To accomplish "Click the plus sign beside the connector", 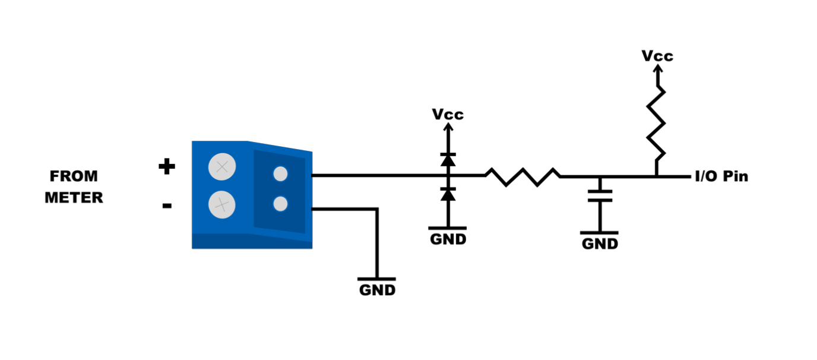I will tap(166, 167).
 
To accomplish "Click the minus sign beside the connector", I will tap(167, 206).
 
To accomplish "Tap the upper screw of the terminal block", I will tap(222, 168).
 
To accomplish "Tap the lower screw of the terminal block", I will tap(222, 205).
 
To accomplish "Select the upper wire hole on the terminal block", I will tap(280, 174).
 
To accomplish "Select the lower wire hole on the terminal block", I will tap(280, 204).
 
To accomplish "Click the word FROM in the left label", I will tap(74, 176).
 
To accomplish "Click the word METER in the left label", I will tap(74, 198).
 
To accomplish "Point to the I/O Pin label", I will tap(721, 176).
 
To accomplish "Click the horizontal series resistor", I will tap(522, 176).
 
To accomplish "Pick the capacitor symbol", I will tap(600, 196).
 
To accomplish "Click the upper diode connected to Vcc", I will tap(448, 159).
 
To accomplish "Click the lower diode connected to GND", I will tap(448, 194).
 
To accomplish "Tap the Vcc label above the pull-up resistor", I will tap(657, 56).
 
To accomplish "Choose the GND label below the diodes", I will tap(448, 239).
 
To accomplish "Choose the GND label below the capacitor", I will tap(600, 244).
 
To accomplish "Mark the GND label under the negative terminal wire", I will tap(377, 290).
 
